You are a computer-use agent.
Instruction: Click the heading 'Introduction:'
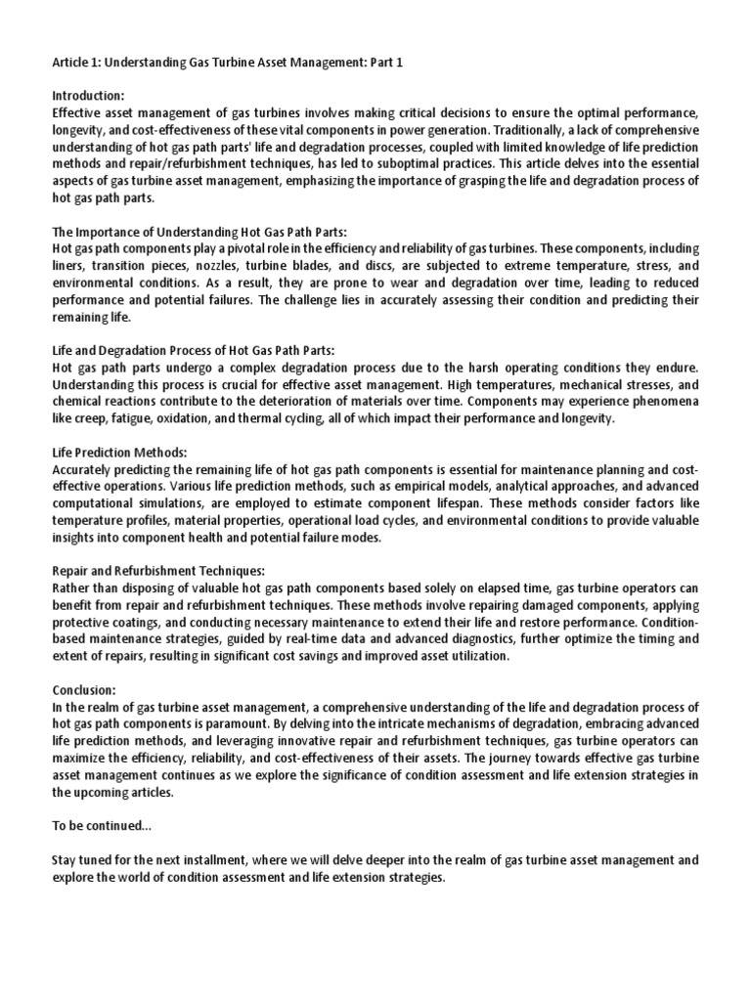[x=88, y=96]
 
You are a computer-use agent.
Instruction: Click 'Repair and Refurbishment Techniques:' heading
[x=157, y=571]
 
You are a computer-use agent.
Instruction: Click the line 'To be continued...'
[x=101, y=826]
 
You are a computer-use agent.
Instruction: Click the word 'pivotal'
[x=220, y=248]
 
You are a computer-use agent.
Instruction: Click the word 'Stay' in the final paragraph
[x=66, y=860]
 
